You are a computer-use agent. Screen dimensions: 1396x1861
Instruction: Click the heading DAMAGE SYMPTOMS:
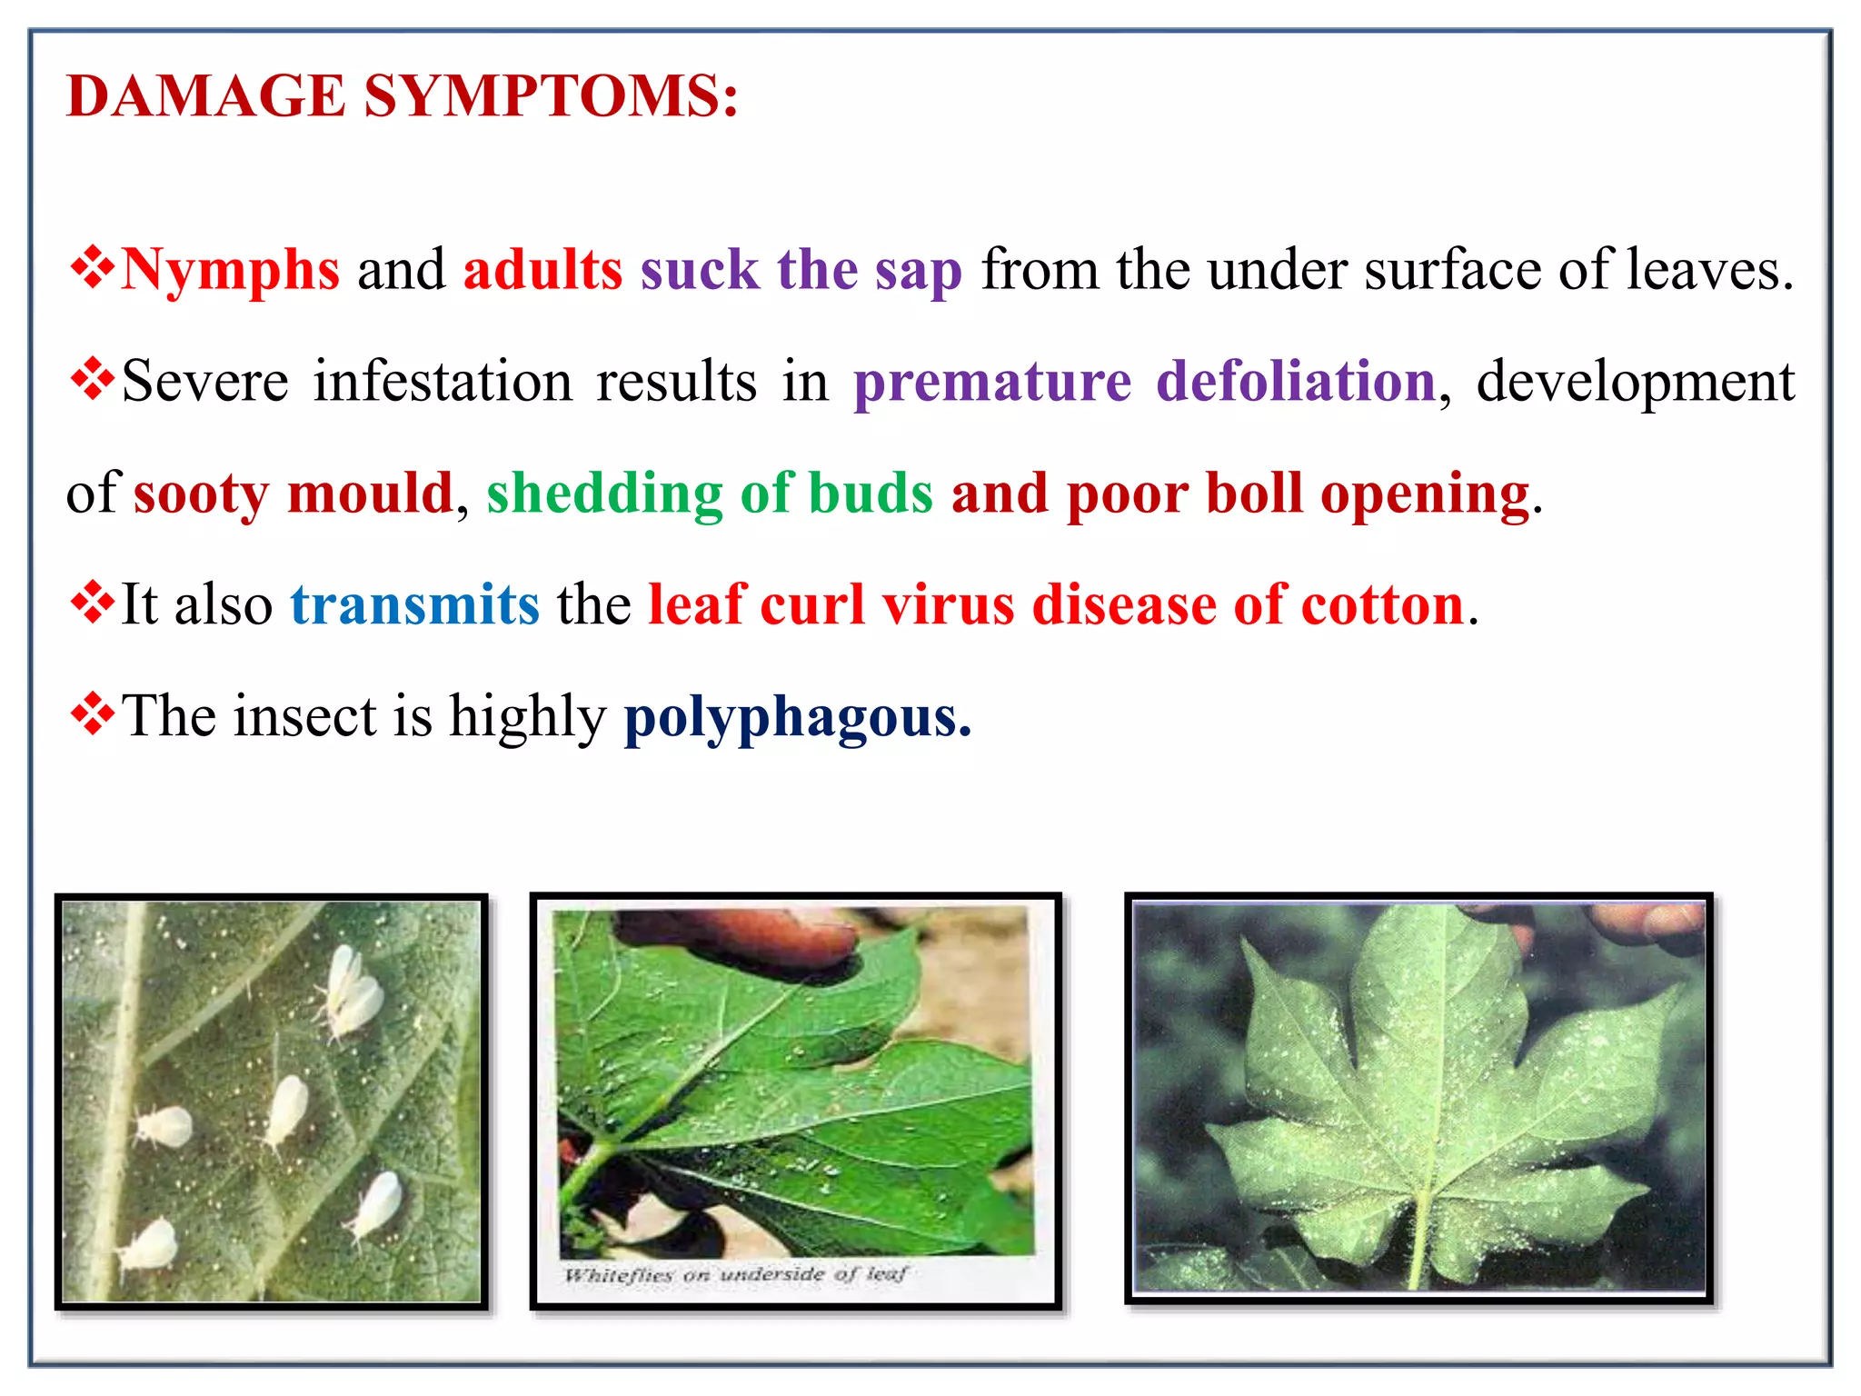tap(403, 96)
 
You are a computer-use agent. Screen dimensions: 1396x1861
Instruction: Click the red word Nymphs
tap(230, 270)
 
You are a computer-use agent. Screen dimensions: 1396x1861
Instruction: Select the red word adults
tap(542, 270)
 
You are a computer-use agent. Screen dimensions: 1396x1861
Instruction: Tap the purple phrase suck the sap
tap(801, 270)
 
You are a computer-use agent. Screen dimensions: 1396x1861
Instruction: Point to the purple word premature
tap(992, 382)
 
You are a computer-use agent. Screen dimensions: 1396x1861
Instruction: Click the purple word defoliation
tap(1296, 382)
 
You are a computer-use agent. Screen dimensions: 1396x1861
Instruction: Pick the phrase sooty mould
tap(293, 494)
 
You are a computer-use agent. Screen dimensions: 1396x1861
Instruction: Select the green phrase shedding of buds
tap(710, 494)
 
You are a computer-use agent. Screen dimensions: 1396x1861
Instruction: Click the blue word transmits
tap(414, 605)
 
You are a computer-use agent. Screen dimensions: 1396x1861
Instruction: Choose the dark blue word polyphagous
tap(797, 717)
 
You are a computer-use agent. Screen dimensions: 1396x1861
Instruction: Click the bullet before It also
tap(92, 602)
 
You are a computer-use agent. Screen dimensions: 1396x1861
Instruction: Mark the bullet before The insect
tap(92, 713)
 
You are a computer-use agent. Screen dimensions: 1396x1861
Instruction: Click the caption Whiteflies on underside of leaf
tap(734, 1274)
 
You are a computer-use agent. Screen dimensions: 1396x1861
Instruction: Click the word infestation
tap(443, 382)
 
